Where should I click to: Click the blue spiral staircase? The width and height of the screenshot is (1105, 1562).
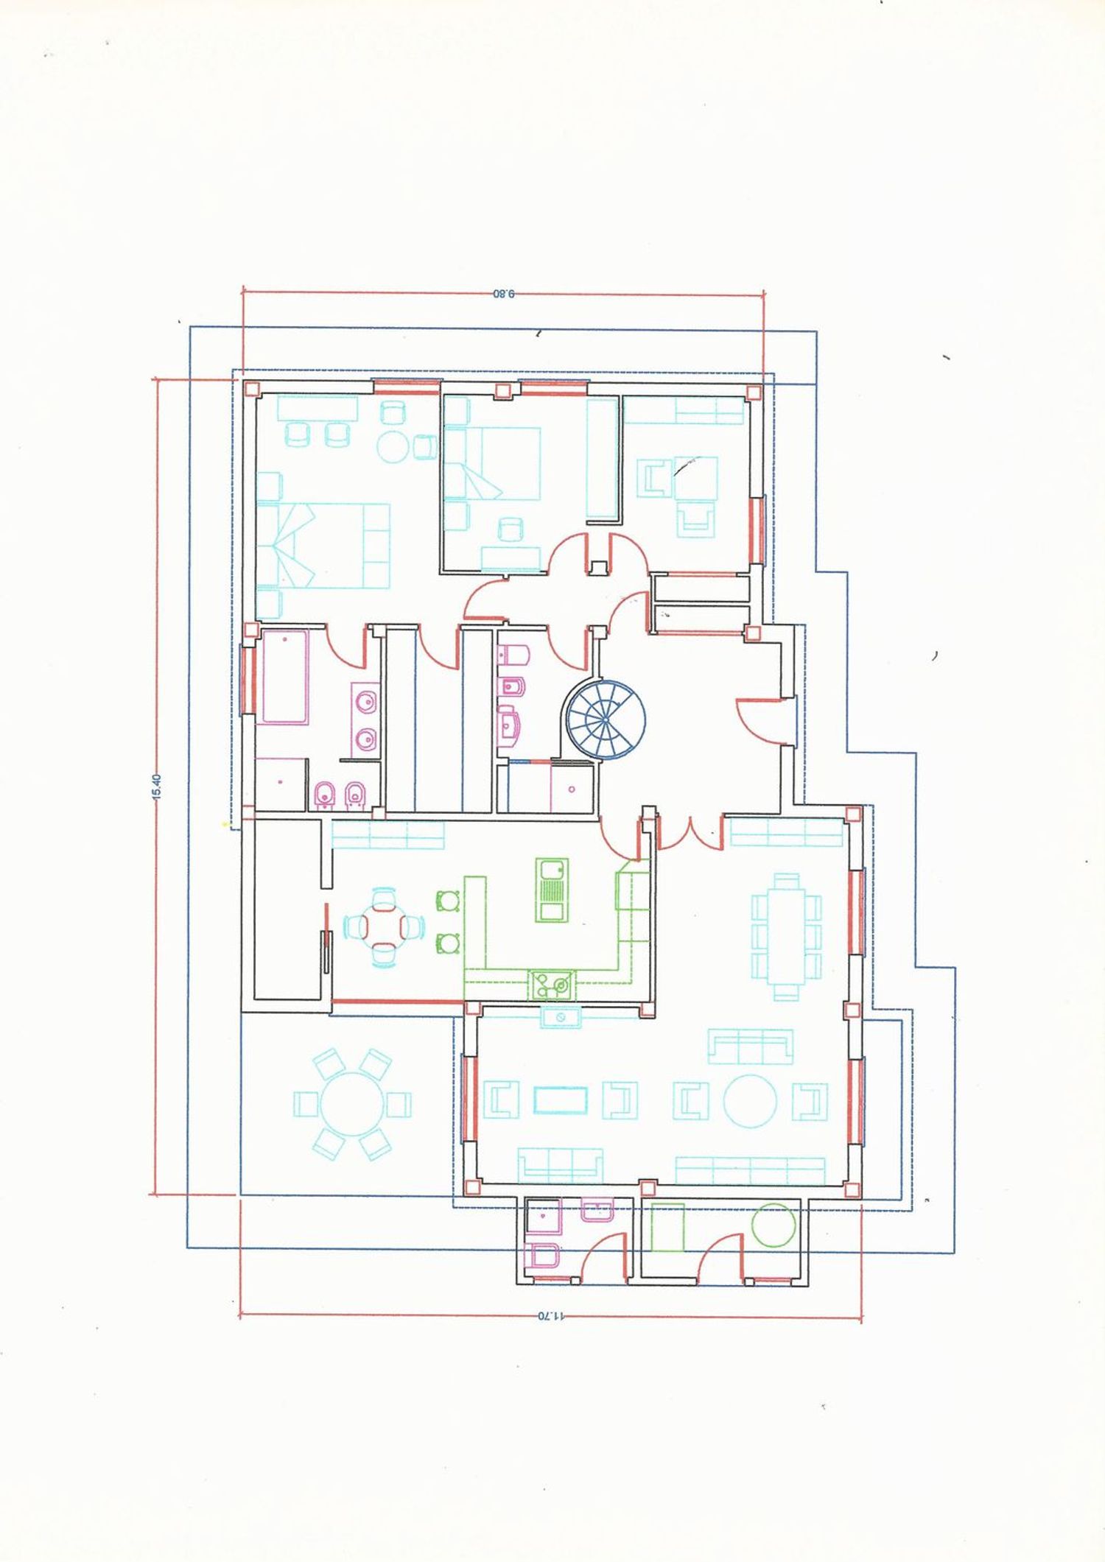(606, 717)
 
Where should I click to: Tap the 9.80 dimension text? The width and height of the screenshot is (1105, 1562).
(504, 294)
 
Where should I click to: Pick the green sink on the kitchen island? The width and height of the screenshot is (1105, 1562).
(551, 890)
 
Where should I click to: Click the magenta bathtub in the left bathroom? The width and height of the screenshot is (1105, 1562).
(285, 677)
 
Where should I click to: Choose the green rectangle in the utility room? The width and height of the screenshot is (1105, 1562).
(667, 1228)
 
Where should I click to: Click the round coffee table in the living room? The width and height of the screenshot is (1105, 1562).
(750, 1102)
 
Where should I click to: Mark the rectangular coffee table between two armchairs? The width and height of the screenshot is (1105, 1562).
(561, 1100)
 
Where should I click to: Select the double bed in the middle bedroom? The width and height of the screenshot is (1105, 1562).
(492, 464)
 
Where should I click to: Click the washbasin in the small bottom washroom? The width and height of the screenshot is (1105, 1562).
(597, 1210)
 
